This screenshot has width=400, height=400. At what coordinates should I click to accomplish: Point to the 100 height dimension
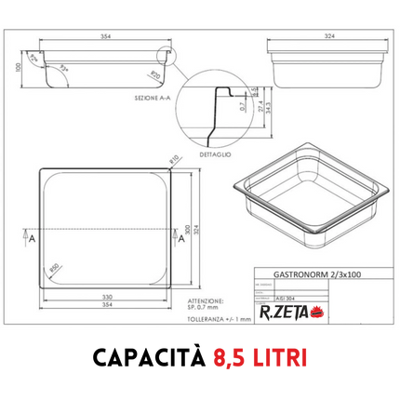[19, 68]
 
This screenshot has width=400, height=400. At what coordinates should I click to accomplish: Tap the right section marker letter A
[180, 238]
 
